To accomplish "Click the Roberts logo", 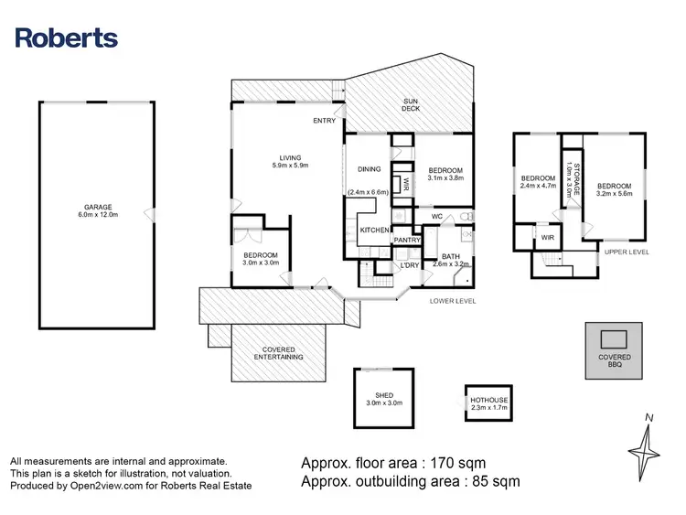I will click(67, 38).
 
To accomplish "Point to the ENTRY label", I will click(324, 121).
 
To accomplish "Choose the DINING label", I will click(369, 169).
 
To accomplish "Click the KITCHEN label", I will click(374, 230).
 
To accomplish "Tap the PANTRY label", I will click(407, 240).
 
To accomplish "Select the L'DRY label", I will click(408, 265).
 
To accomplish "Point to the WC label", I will click(437, 217).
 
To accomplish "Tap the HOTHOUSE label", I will click(489, 404).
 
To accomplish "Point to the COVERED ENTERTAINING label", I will click(277, 353).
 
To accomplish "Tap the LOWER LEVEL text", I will click(453, 300).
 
